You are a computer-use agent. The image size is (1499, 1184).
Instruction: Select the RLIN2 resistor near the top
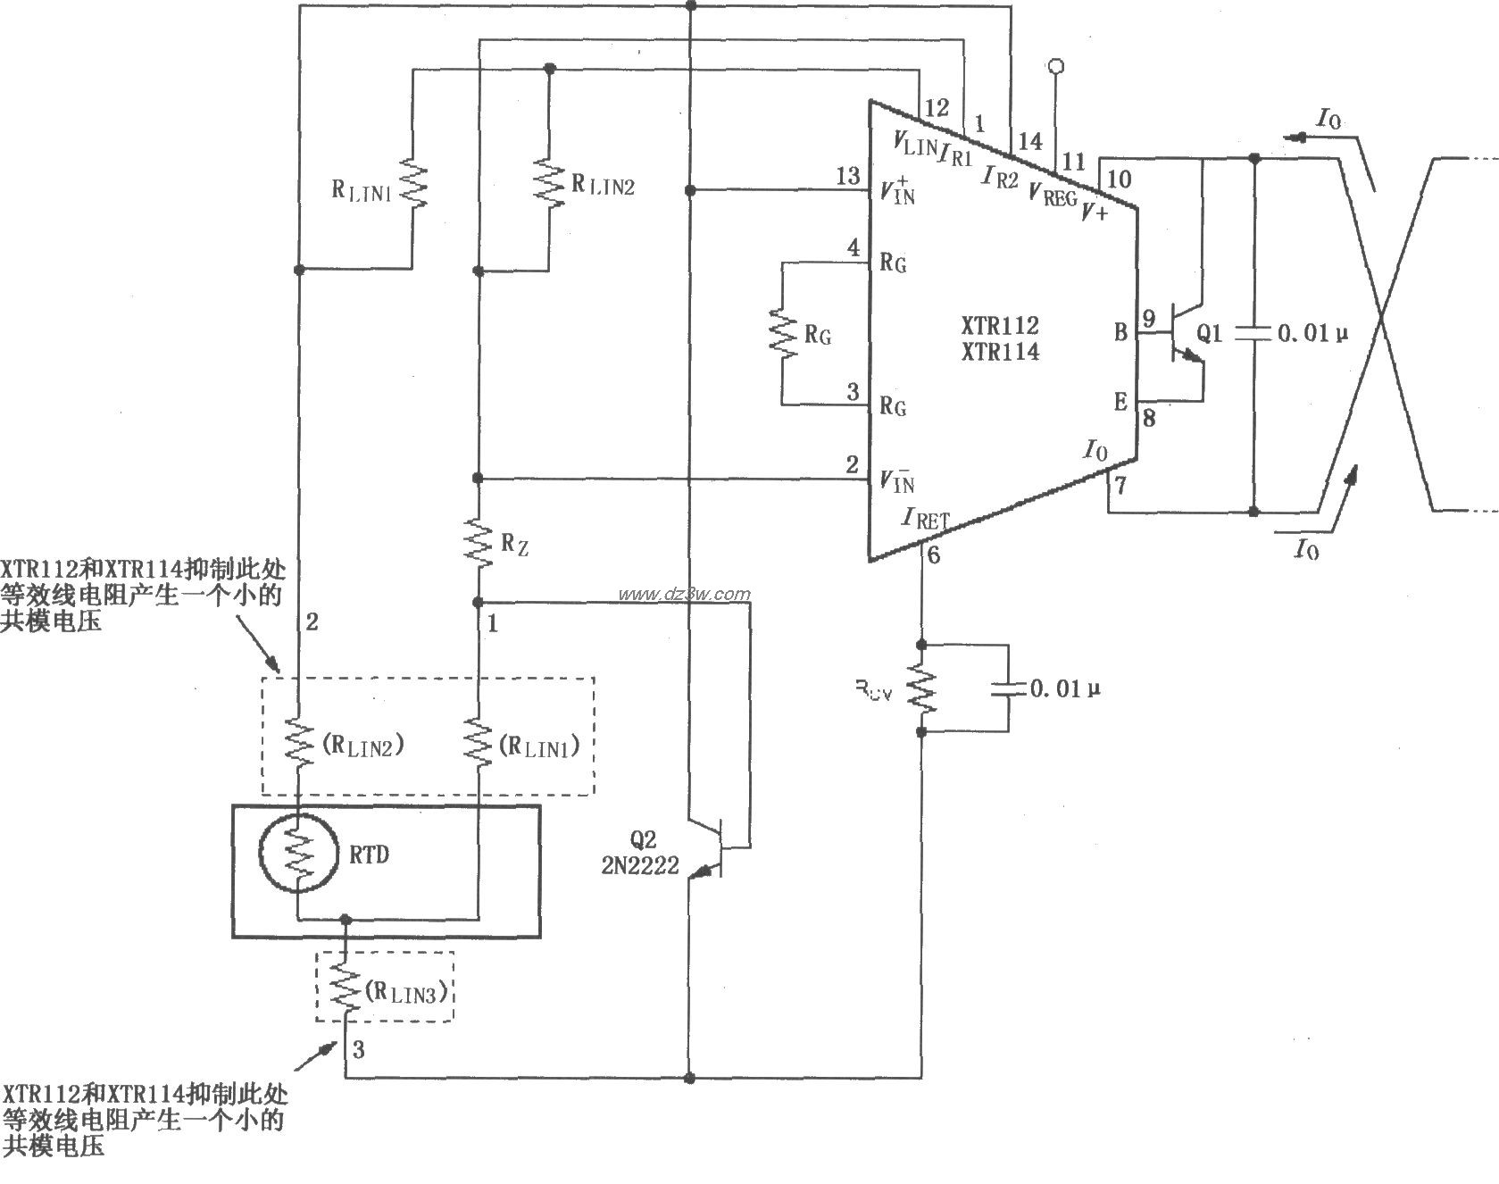coord(548,183)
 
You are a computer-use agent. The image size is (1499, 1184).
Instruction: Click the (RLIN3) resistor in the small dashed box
coord(346,989)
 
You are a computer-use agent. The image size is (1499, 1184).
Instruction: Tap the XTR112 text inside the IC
coord(1000,326)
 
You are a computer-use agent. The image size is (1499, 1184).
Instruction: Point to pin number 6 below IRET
coord(934,555)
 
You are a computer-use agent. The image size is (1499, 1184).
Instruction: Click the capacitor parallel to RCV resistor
coord(1009,688)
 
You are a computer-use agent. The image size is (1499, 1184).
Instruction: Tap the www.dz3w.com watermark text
coord(684,594)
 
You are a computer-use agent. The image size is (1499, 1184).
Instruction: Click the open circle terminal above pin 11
coord(1057,66)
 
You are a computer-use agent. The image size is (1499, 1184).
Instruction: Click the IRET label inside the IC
coord(926,518)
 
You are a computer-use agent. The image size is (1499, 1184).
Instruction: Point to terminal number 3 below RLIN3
coord(358,1050)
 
